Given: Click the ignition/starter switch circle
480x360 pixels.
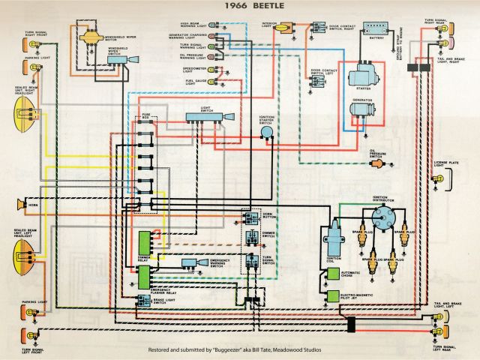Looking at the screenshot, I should click(265, 133).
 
